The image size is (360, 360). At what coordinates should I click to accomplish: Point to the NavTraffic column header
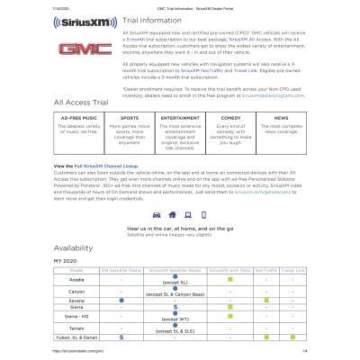click(x=266, y=295)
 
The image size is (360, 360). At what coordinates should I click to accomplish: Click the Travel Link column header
click(x=294, y=295)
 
